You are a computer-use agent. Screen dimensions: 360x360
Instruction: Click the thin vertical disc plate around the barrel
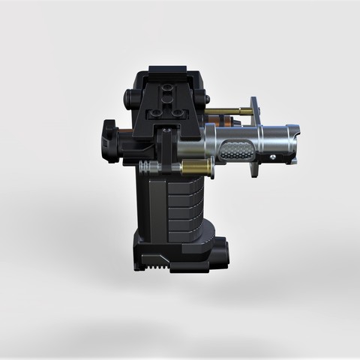(x=254, y=135)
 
